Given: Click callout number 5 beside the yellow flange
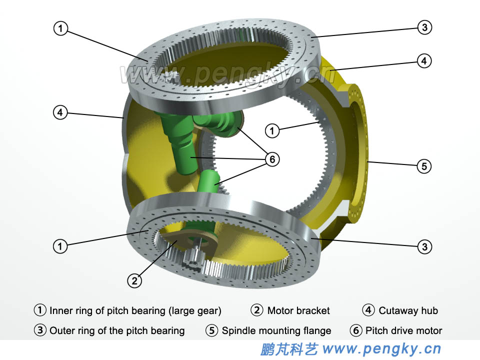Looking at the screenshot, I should click(x=424, y=166).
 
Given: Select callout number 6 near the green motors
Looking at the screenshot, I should click(x=271, y=159).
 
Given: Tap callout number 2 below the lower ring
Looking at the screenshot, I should click(x=134, y=281).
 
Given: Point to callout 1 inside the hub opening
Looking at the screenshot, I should click(x=271, y=131).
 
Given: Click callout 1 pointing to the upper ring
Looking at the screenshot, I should click(x=60, y=29).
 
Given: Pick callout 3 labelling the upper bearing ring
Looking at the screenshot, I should click(x=424, y=27).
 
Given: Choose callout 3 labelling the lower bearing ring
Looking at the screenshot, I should click(x=424, y=246).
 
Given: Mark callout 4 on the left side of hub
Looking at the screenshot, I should click(x=60, y=113).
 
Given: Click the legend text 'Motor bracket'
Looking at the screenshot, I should click(x=298, y=310).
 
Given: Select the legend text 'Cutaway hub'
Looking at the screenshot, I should click(x=408, y=310).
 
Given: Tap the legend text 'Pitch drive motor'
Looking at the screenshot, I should click(x=403, y=330).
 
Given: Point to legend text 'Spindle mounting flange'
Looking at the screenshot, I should click(x=276, y=330).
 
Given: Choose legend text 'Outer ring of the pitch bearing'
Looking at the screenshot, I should click(x=117, y=330).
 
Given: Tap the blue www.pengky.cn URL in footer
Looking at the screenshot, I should click(x=382, y=348).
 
